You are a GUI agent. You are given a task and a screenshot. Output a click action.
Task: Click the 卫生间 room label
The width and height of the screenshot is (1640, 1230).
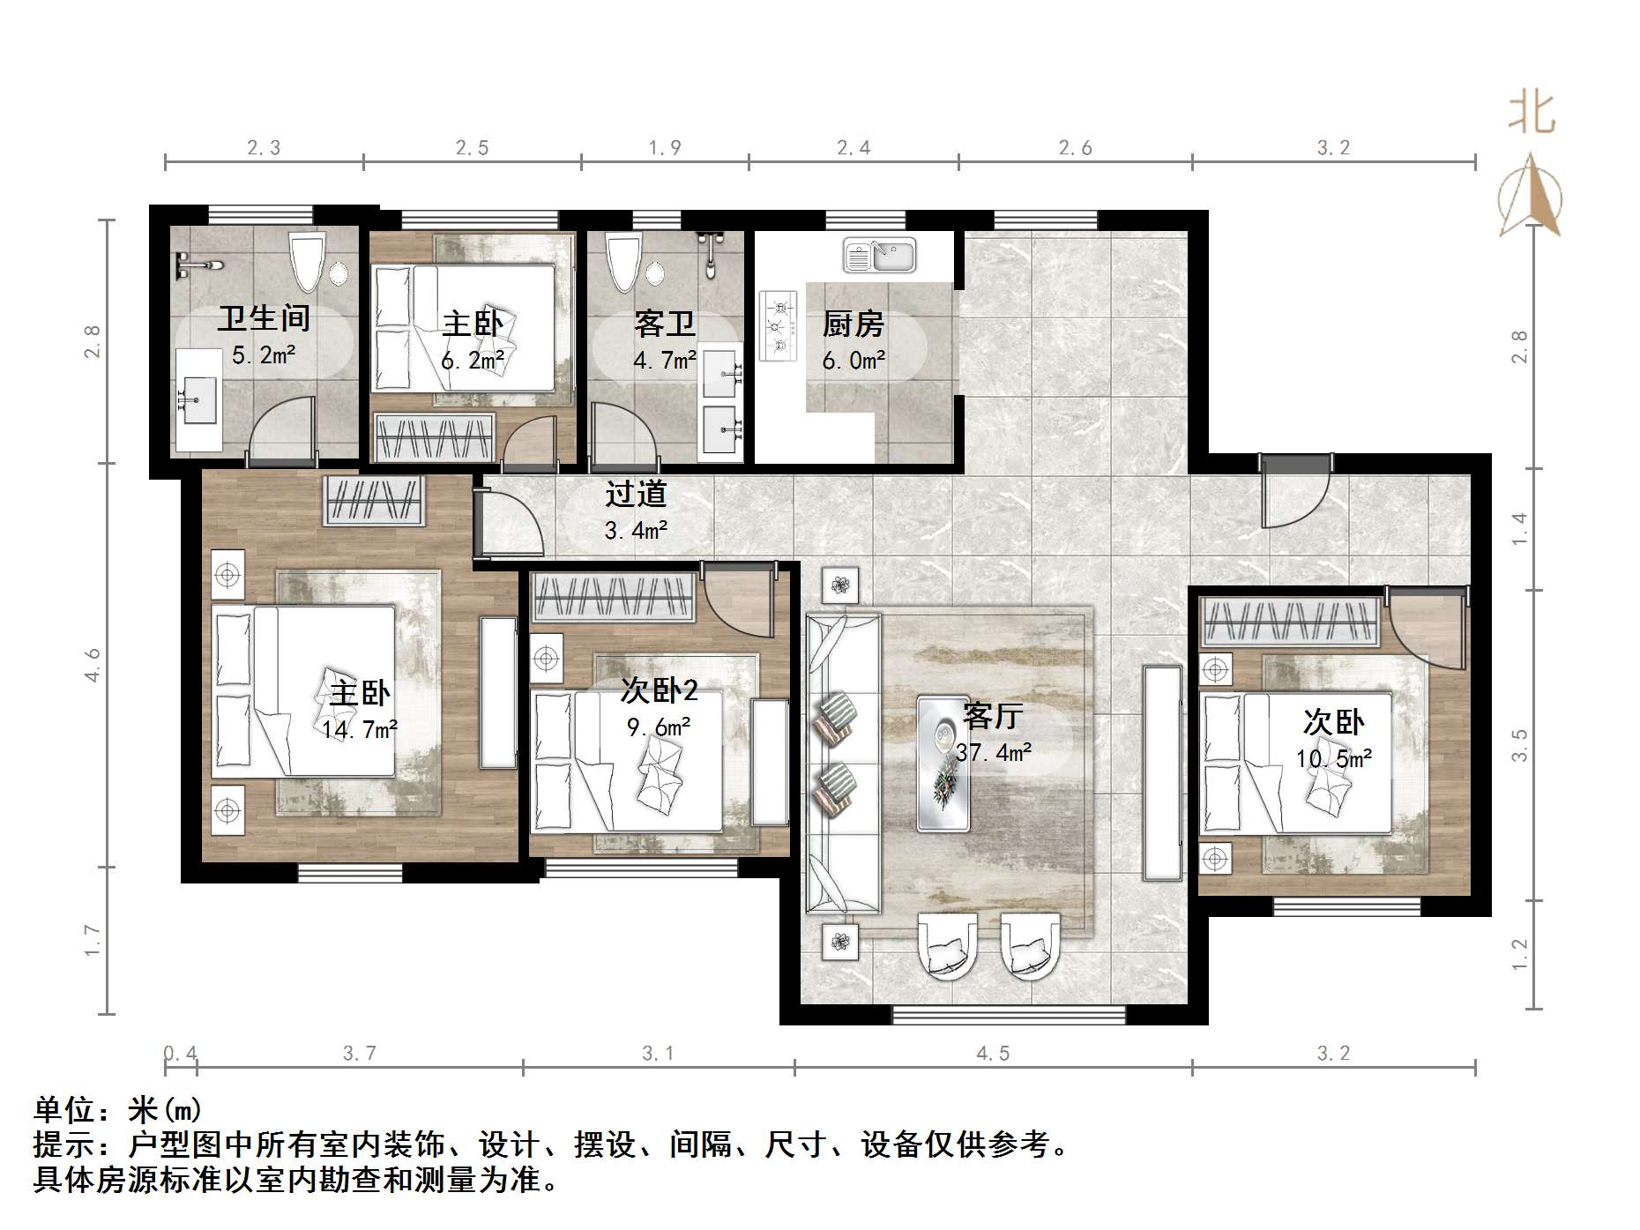[264, 318]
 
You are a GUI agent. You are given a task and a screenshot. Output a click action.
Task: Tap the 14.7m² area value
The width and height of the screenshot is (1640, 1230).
[359, 729]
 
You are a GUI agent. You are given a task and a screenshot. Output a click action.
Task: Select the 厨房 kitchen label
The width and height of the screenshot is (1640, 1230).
[853, 324]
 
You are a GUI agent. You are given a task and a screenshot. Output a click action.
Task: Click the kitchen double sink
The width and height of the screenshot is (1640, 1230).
[879, 256]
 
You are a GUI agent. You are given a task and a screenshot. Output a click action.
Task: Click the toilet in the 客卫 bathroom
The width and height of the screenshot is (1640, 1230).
[622, 261]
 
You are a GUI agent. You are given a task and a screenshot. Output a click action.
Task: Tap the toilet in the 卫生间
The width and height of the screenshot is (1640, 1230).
[309, 261]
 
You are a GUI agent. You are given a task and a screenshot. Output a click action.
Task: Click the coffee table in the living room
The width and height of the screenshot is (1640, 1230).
[943, 764]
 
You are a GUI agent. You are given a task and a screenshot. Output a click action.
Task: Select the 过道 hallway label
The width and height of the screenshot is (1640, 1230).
[635, 495]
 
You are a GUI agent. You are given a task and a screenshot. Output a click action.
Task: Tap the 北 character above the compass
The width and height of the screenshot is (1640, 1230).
[1532, 114]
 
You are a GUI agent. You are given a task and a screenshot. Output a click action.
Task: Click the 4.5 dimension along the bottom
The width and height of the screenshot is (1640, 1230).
[993, 1054]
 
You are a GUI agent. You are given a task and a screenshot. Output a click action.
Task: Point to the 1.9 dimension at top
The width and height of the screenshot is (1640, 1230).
[665, 148]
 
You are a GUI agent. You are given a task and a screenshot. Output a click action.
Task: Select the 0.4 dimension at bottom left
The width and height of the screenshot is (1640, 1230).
[181, 1054]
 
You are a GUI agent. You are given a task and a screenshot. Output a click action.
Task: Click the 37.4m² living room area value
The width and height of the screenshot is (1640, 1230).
[993, 752]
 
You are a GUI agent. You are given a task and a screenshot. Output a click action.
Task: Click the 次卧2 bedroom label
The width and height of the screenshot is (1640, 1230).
[659, 690]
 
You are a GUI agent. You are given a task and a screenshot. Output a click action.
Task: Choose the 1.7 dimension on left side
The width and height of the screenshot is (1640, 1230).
[93, 940]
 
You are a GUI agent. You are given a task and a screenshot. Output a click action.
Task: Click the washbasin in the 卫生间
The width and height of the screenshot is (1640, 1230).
[198, 399]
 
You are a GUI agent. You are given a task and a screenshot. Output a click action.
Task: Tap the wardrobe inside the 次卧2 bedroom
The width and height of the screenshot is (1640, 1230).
[615, 597]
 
